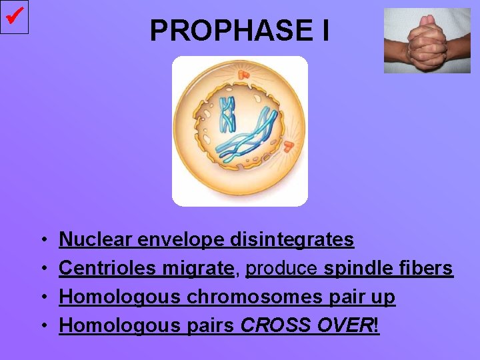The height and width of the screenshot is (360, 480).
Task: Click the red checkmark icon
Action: pos(14,16)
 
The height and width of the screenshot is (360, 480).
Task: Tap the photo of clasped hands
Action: pos(427,41)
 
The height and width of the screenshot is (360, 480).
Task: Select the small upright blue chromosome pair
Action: pos(228,113)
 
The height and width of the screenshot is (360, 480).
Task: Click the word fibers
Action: pos(425,268)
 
